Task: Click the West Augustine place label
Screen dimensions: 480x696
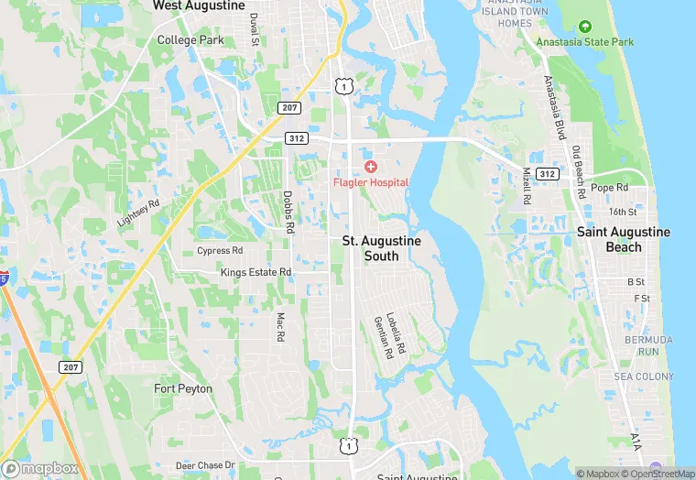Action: point(199,5)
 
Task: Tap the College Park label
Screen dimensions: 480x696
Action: point(190,40)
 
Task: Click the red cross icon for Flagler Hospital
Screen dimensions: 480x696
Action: point(370,166)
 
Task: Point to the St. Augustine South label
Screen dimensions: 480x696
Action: point(382,248)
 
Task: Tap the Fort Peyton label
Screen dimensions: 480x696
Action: point(183,388)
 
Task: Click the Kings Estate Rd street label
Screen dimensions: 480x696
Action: point(256,272)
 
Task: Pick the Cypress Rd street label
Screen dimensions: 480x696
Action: point(220,250)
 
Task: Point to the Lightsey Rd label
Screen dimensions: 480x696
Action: point(138,213)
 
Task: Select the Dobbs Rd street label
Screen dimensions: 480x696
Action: point(288,212)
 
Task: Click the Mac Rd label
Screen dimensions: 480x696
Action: point(280,327)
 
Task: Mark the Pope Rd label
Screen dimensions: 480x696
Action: point(609,187)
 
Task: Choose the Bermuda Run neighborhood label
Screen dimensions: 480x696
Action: point(649,345)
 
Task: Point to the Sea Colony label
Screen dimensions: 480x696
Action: point(644,376)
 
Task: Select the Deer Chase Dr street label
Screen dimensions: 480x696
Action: point(205,465)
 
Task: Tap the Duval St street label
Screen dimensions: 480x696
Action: point(255,29)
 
